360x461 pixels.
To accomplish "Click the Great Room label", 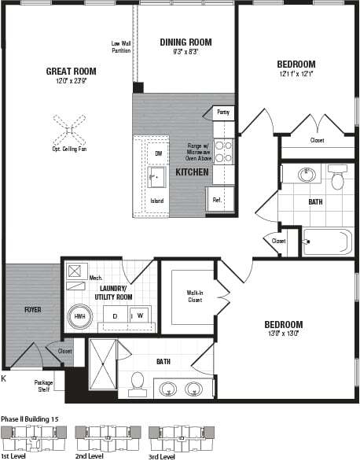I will [70, 71].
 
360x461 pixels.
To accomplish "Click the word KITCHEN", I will [191, 171].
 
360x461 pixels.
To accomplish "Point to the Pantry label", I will [224, 112].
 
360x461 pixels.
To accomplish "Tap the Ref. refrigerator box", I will [218, 199].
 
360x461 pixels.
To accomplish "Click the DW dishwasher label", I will [157, 153].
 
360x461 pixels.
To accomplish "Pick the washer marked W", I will [141, 315].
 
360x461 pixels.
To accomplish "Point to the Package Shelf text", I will [43, 385].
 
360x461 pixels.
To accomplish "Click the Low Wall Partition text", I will [120, 48].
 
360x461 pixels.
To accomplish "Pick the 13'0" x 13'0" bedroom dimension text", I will [283, 334].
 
